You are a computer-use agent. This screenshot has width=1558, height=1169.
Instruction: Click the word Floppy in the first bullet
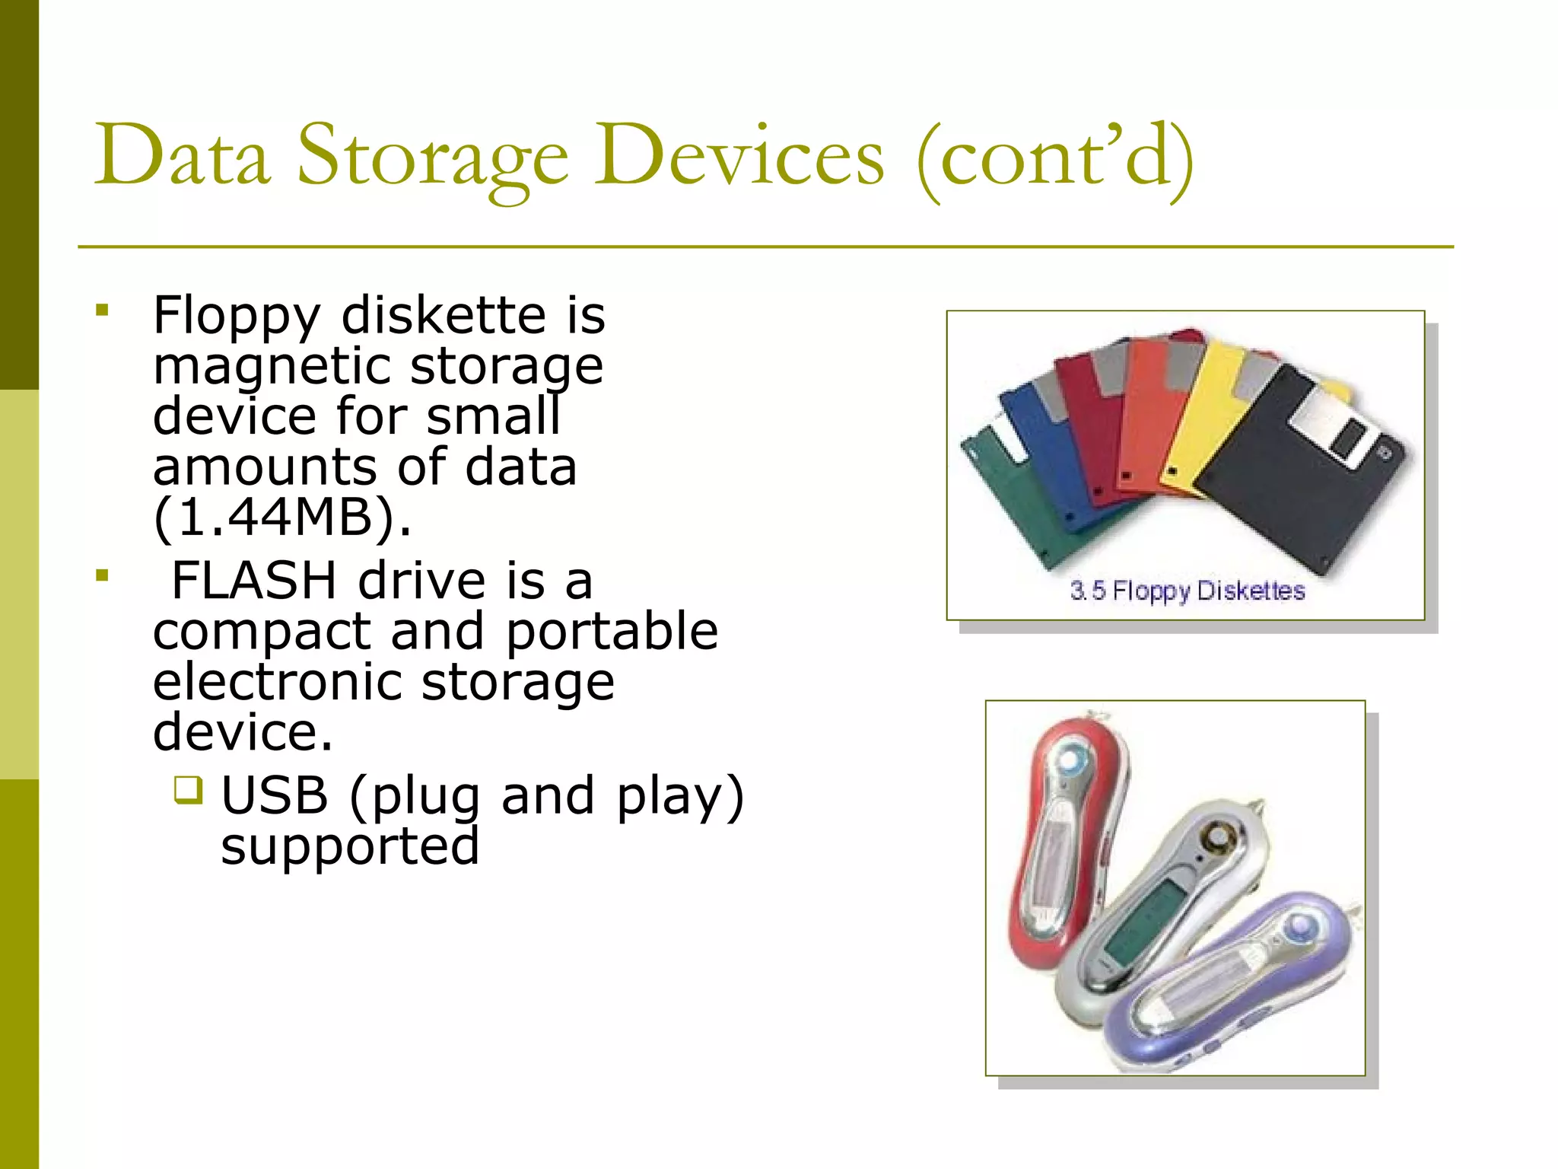click(237, 316)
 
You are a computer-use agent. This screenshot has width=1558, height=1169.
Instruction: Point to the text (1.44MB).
click(281, 518)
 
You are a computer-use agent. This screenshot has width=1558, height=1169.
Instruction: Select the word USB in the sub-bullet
click(275, 796)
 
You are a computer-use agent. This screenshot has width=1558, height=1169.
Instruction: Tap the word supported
click(350, 846)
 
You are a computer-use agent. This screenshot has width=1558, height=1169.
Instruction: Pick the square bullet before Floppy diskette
click(103, 311)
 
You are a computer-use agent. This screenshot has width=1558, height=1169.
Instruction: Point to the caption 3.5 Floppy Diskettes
click(1187, 591)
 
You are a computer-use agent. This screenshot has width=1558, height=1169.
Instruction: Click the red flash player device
click(1065, 845)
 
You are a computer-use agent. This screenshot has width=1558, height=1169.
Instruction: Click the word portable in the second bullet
click(612, 632)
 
